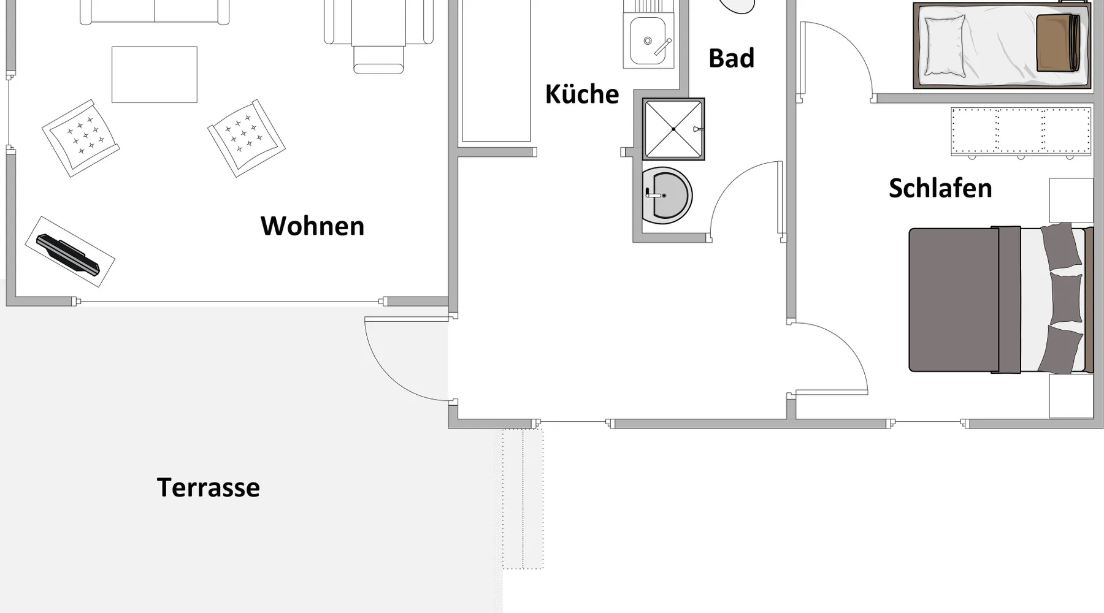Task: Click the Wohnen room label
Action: coord(312,226)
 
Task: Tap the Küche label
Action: coord(582,94)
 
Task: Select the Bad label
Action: coord(731,58)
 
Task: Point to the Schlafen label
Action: coord(940,188)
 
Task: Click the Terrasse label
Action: coord(209,488)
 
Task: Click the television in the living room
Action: coord(69,253)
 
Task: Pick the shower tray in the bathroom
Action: coord(673,129)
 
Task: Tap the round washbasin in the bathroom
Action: coord(668,196)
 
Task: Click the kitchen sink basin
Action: coord(647,40)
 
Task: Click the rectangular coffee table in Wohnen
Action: coord(155,75)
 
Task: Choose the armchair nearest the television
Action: coord(81,139)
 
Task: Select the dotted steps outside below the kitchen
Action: coord(523,498)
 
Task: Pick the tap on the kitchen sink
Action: coord(662,47)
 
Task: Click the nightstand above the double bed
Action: coord(1071,200)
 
